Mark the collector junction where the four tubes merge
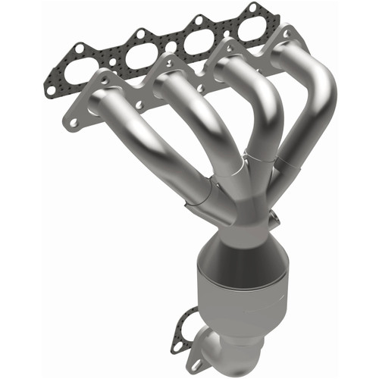(x=243, y=189)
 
